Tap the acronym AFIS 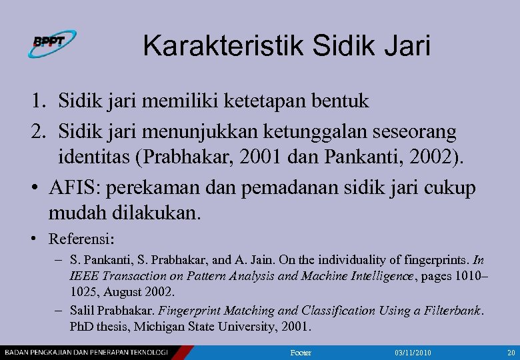[x=72, y=188]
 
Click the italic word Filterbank [x=454, y=311]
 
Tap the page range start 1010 [x=470, y=276]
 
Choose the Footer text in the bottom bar [x=301, y=351]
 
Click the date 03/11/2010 [x=413, y=351]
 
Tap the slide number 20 [x=511, y=351]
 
